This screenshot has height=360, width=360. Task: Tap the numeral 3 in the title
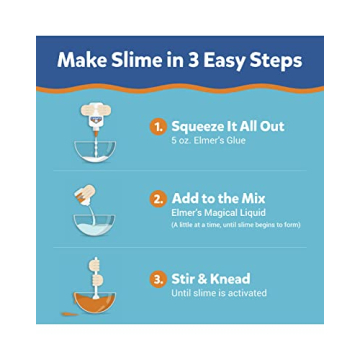pyautogui.click(x=192, y=61)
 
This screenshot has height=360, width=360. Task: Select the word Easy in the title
pyautogui.click(x=230, y=61)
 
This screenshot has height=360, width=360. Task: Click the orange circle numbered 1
pyautogui.click(x=157, y=127)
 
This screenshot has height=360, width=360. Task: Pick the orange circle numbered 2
pyautogui.click(x=157, y=199)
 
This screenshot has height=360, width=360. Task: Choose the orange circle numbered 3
pyautogui.click(x=157, y=279)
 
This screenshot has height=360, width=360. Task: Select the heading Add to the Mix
pyautogui.click(x=217, y=199)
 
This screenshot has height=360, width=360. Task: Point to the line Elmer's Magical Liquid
pyautogui.click(x=217, y=213)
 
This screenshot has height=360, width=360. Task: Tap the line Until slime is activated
pyautogui.click(x=219, y=293)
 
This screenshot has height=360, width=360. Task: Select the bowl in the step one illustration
pyautogui.click(x=96, y=150)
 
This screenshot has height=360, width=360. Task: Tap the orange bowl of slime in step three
pyautogui.click(x=96, y=300)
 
